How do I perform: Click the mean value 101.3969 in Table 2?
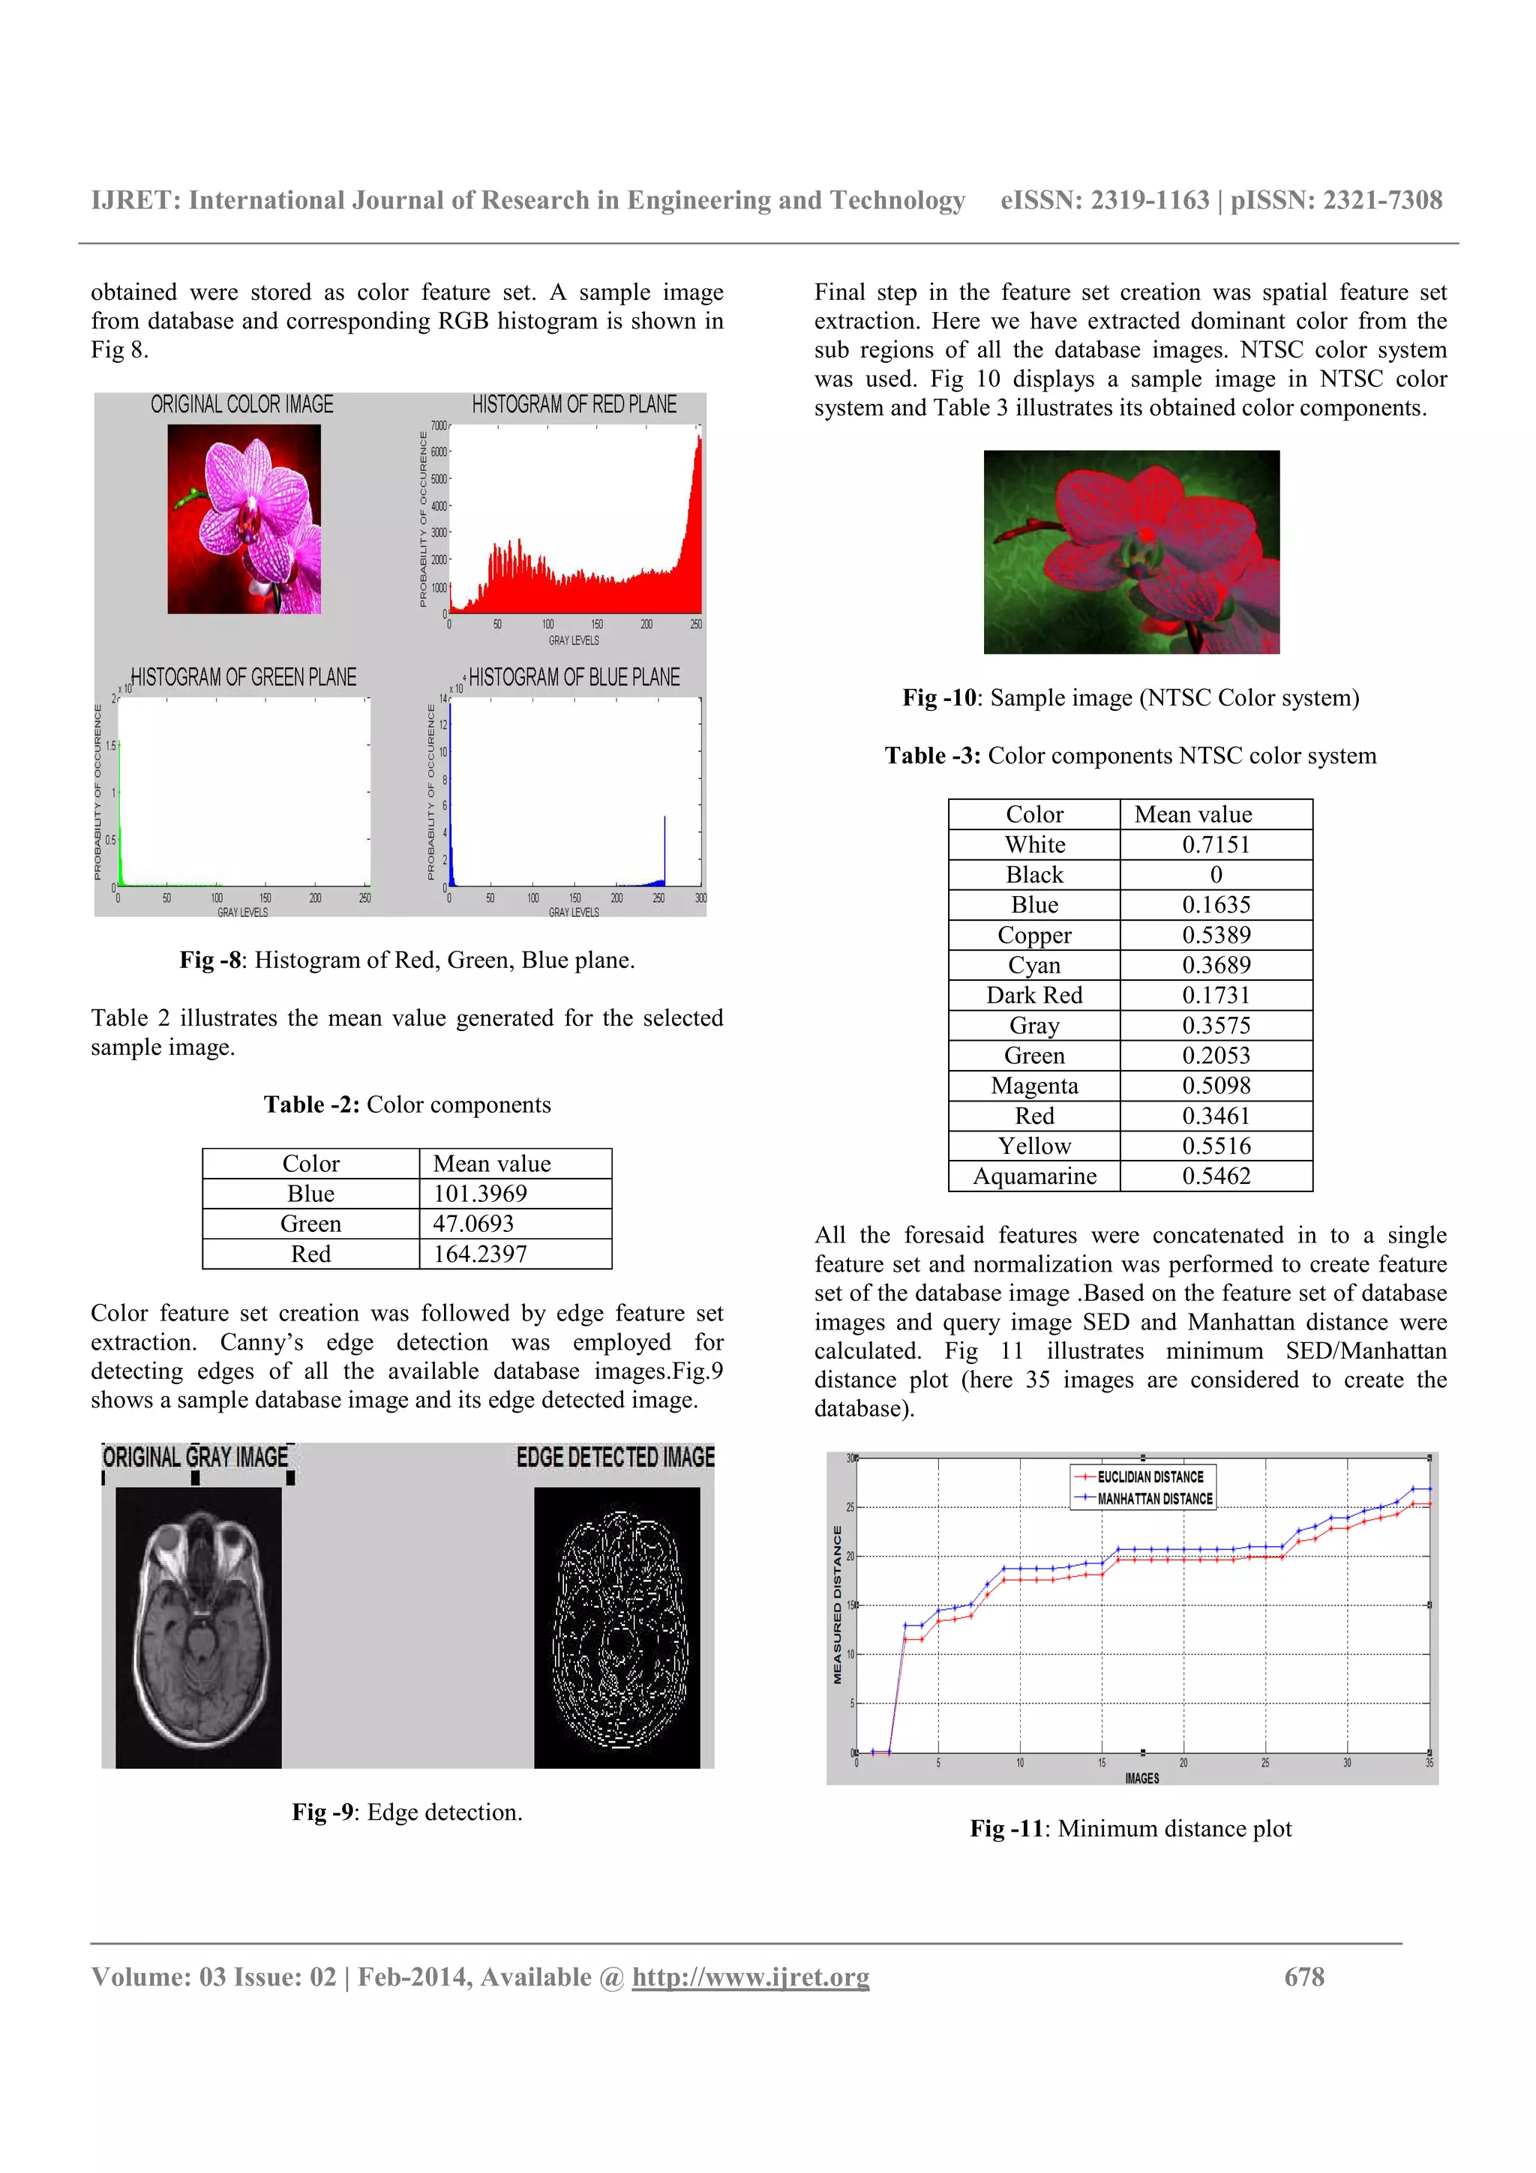[480, 1194]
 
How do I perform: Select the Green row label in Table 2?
[310, 1224]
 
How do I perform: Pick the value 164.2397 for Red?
[480, 1254]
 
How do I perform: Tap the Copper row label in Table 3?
[1034, 935]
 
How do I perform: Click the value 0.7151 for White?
[1216, 844]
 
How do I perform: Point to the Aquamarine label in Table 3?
[1034, 1176]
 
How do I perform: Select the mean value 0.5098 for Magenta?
[1216, 1086]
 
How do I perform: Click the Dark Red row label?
[1034, 996]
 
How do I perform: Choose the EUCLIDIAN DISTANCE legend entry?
[1150, 1477]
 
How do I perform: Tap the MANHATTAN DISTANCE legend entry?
[1154, 1499]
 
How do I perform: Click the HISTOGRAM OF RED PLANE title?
[574, 405]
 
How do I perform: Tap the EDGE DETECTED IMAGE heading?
[616, 1458]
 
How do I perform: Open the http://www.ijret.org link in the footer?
[751, 1977]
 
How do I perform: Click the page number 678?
[1304, 1977]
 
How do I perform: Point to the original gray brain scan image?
[199, 1627]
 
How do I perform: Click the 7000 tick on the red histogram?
[438, 426]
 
